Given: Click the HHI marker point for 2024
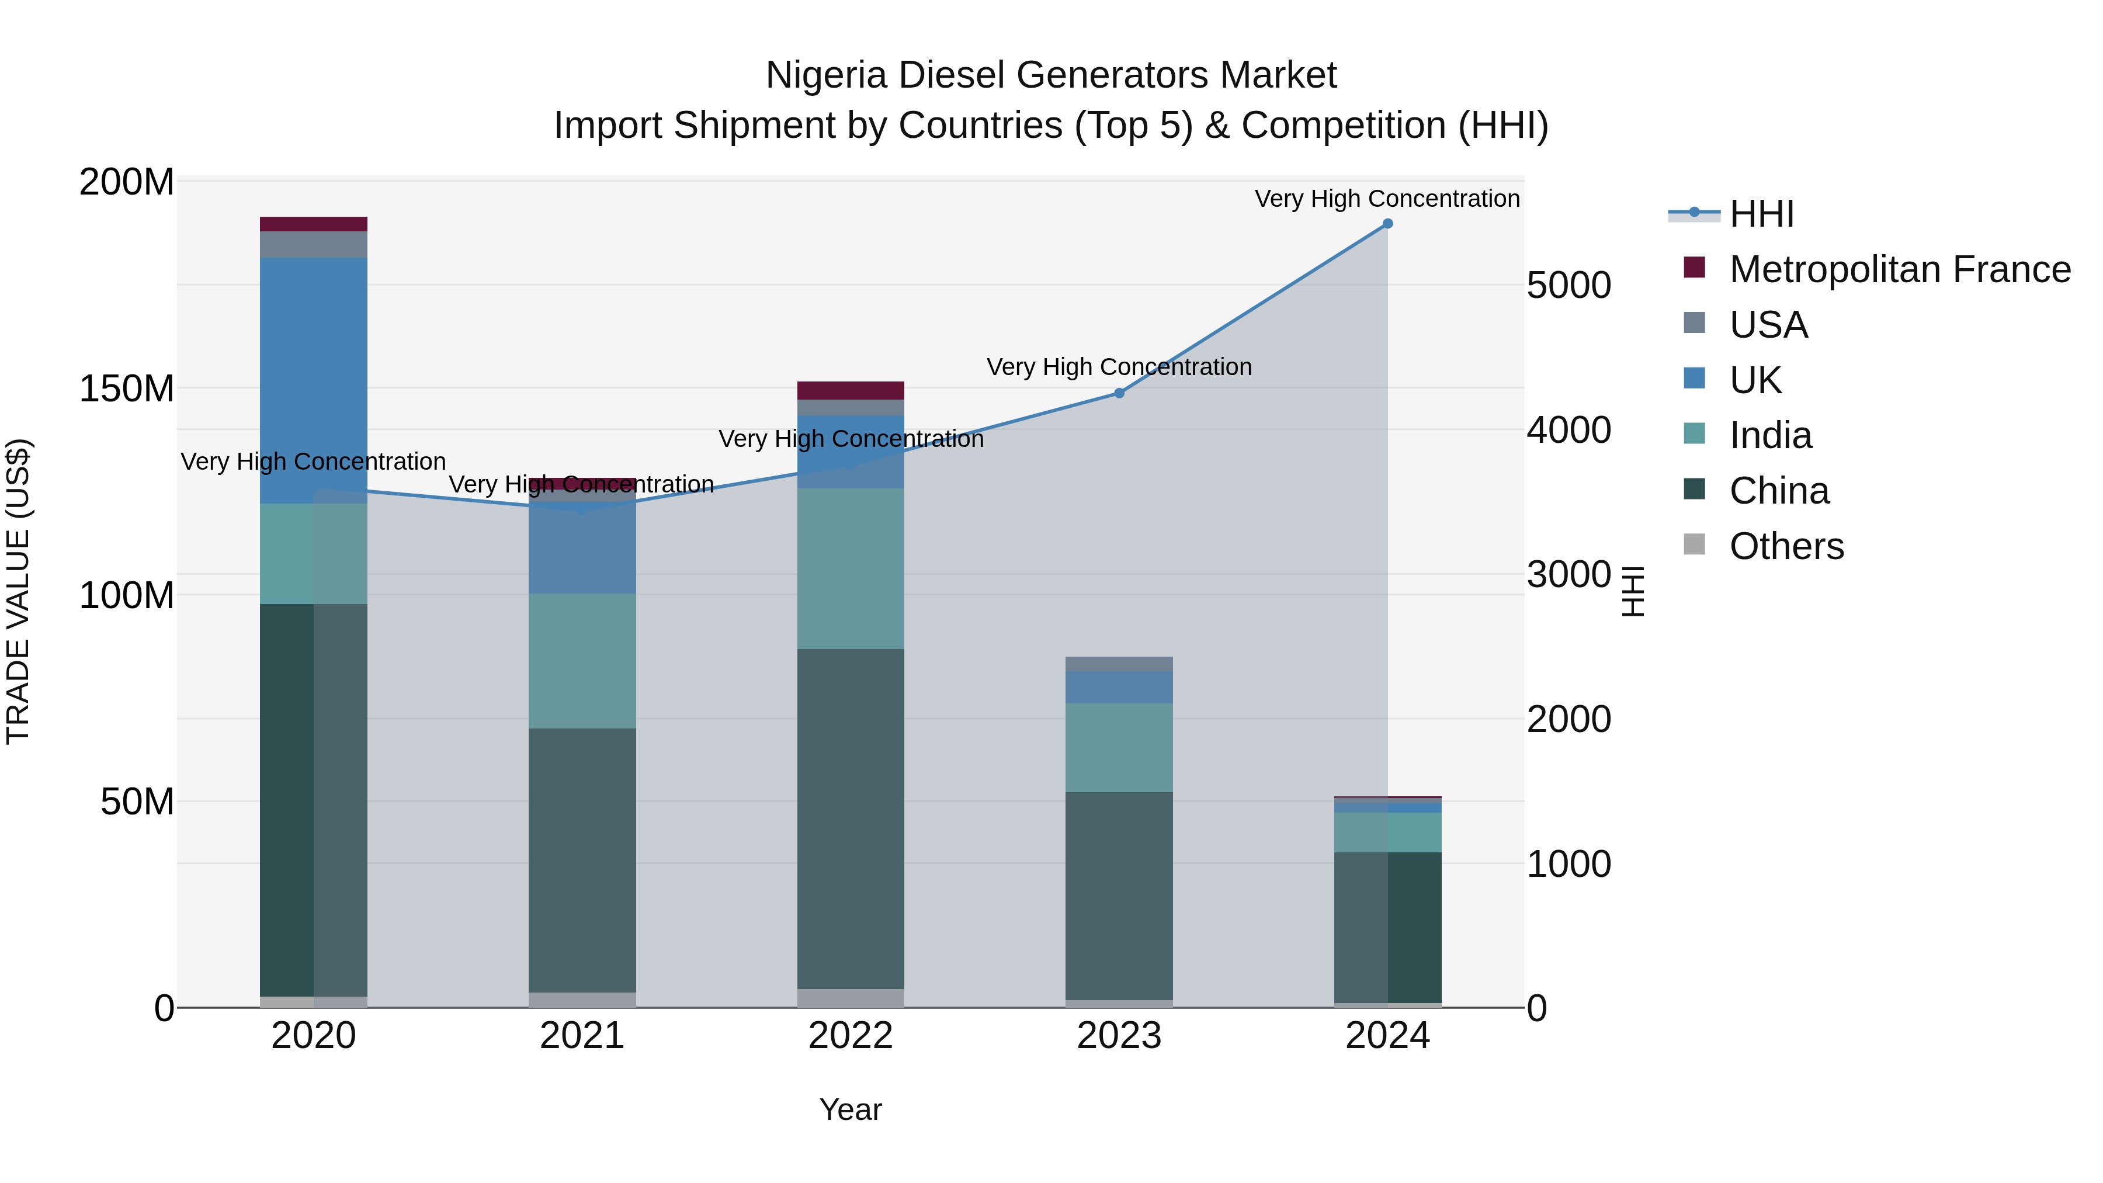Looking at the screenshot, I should [1387, 224].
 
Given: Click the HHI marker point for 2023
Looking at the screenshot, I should [1119, 394].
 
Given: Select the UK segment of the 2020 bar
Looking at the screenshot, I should [314, 380].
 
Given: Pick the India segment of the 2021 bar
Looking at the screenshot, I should [582, 661].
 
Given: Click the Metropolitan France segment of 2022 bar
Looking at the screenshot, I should [851, 390].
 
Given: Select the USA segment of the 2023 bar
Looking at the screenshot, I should [1119, 664].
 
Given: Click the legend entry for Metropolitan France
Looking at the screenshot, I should [1899, 269].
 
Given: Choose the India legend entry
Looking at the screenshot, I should [1770, 435].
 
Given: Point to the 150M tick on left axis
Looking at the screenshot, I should [127, 388].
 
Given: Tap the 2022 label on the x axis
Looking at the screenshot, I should [851, 1036].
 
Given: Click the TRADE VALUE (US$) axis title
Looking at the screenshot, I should [18, 591].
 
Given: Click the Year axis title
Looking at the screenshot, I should [851, 1109].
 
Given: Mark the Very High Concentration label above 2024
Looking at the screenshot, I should [1386, 199].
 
